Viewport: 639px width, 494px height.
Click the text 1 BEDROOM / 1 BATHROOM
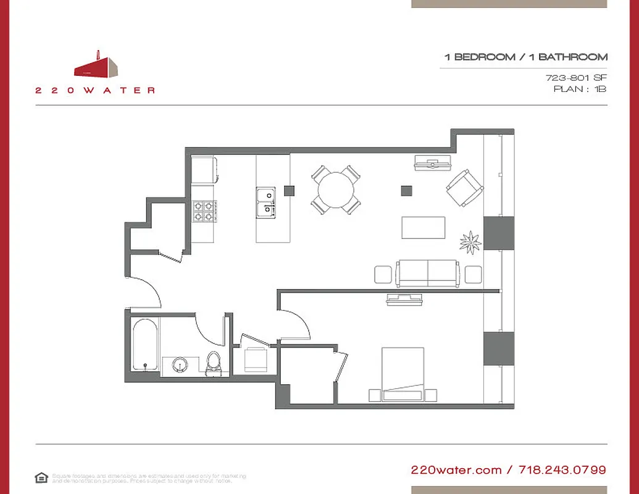coord(525,57)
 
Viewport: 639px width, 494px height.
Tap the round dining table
coord(335,189)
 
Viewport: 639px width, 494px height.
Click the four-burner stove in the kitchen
coord(204,212)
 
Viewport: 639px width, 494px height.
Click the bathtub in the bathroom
coord(145,345)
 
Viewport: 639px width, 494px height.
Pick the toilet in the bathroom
coord(214,362)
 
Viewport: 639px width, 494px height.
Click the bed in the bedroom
coord(403,374)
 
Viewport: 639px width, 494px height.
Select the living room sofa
coord(428,273)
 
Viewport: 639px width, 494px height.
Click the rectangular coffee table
coord(424,227)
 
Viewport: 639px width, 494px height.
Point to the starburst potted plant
coord(470,241)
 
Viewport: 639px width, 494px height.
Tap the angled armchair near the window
coord(464,187)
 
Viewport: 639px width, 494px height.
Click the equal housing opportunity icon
coord(41,477)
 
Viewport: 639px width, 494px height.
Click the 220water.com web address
coord(456,470)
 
